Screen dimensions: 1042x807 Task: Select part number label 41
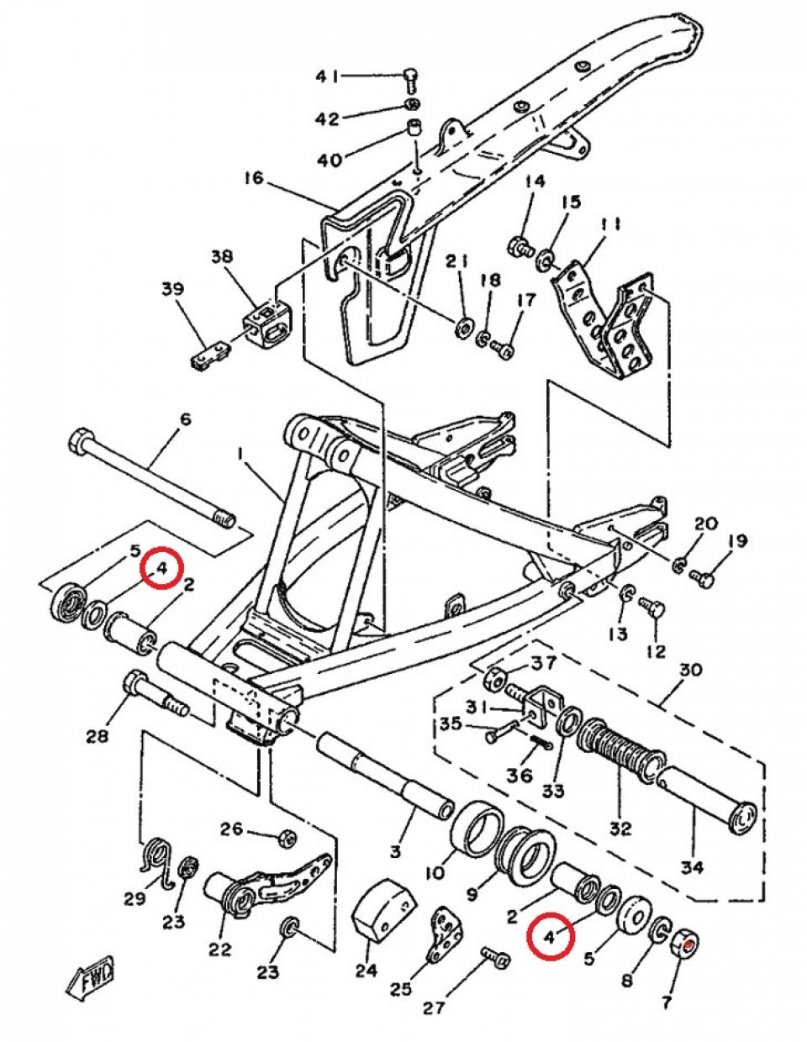pyautogui.click(x=328, y=76)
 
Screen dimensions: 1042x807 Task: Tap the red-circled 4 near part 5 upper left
pyautogui.click(x=160, y=568)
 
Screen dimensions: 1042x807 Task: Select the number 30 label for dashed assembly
pyautogui.click(x=689, y=671)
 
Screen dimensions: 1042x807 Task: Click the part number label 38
pyautogui.click(x=222, y=257)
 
